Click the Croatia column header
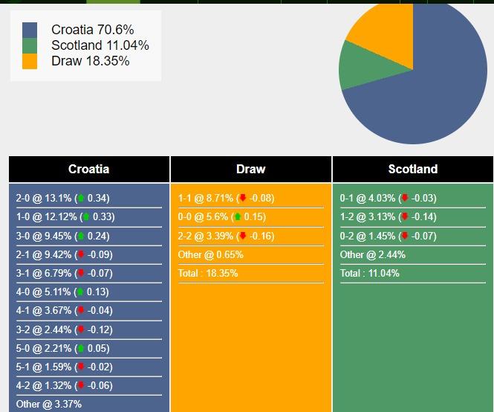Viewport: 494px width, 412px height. [x=89, y=169]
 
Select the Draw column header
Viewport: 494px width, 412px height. [x=250, y=169]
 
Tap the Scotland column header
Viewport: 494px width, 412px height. [x=413, y=169]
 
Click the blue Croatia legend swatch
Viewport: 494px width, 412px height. [x=30, y=30]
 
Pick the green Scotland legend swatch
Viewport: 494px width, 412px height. [x=30, y=45]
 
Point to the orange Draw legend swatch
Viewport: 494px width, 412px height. [x=30, y=61]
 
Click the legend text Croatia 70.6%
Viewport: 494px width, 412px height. [x=92, y=30]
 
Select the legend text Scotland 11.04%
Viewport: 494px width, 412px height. [x=100, y=45]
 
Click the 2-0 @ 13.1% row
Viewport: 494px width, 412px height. [x=63, y=198]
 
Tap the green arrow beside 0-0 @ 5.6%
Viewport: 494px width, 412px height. [x=237, y=217]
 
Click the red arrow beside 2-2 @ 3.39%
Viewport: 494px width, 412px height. [x=242, y=236]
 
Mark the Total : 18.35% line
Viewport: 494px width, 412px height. [x=208, y=273]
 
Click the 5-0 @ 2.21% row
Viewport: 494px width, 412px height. [x=63, y=348]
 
